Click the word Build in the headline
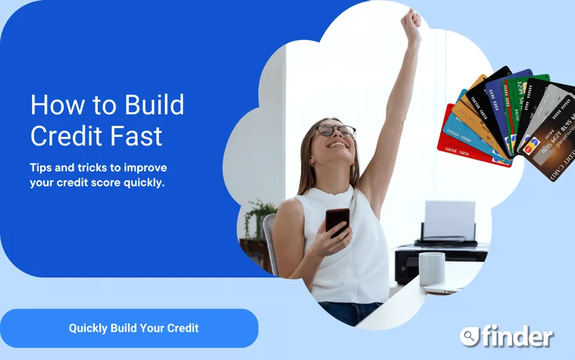click(155, 105)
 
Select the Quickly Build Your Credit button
click(129, 328)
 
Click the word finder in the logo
click(517, 336)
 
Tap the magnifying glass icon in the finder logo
click(469, 336)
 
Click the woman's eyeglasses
click(335, 130)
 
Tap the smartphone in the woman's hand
click(337, 221)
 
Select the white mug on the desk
click(432, 269)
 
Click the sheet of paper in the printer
click(450, 220)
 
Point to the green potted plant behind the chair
click(259, 217)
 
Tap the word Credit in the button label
click(183, 328)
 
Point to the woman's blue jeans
click(348, 312)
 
